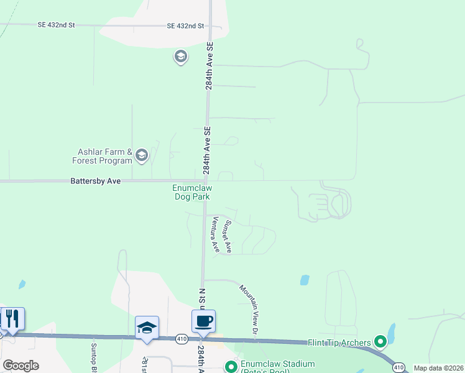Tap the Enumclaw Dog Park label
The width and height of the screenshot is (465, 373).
click(191, 192)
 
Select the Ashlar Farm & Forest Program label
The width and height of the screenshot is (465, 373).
click(105, 155)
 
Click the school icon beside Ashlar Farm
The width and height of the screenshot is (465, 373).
click(142, 155)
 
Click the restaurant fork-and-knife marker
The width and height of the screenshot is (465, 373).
click(12, 319)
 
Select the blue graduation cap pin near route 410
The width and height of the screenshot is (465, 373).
click(147, 328)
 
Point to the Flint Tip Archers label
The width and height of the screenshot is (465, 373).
click(339, 343)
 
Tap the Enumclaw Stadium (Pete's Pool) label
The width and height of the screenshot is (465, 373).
click(270, 367)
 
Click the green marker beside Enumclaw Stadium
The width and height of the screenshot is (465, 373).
click(231, 367)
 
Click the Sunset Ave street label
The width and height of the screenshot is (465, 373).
click(228, 236)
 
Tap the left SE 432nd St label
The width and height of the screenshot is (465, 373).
click(56, 25)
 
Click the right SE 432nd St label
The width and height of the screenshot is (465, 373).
click(185, 26)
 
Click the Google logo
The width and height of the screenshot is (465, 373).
click(21, 366)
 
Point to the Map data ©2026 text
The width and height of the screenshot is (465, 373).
click(438, 368)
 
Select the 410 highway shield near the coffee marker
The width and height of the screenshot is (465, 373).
click(181, 338)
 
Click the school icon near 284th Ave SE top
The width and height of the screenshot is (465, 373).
click(181, 57)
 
